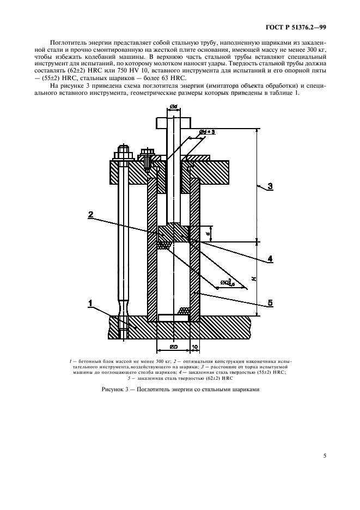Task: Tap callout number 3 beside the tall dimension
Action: click(x=270, y=186)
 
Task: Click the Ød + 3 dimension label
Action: click(x=205, y=131)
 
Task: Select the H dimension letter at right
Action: click(x=254, y=279)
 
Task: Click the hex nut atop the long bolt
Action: click(x=122, y=150)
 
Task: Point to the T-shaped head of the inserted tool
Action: click(x=173, y=123)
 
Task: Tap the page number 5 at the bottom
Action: click(x=325, y=456)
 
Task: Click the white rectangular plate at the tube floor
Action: click(x=173, y=318)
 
